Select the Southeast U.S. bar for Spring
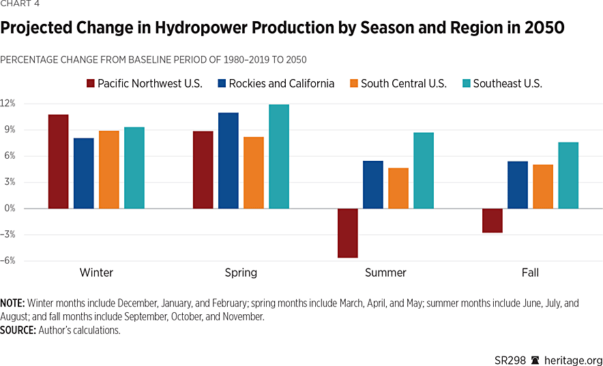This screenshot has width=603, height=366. (x=278, y=157)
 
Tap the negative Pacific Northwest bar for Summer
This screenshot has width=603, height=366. (x=347, y=232)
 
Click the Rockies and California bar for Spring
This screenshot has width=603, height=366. (x=228, y=161)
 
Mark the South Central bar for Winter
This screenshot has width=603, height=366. (x=108, y=170)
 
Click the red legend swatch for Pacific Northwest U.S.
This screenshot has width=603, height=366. (x=90, y=84)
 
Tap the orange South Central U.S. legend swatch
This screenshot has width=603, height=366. (x=353, y=84)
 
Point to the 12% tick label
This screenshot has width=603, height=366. (x=8, y=104)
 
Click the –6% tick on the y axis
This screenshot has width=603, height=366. (x=8, y=260)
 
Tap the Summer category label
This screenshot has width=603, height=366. (x=385, y=273)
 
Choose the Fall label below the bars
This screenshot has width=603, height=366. (x=530, y=273)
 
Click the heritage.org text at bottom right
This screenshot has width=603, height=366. (x=573, y=360)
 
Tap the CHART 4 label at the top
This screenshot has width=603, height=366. (x=20, y=4)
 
